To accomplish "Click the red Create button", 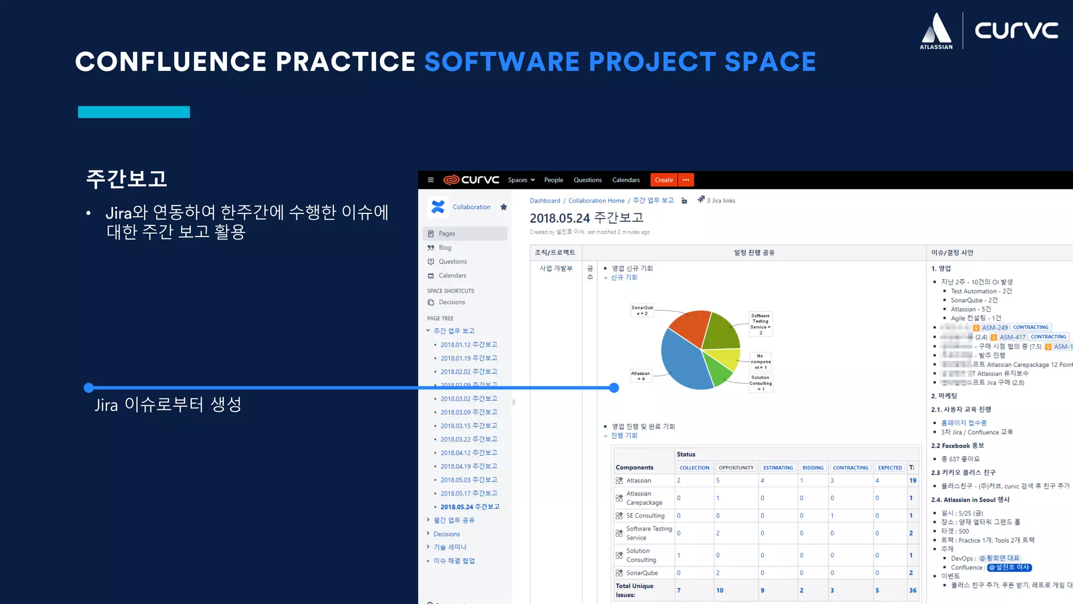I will point(663,180).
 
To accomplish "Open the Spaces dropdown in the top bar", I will point(521,180).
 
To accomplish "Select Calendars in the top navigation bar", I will point(626,180).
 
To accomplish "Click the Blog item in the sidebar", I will point(445,247).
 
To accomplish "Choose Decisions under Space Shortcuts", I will point(452,302).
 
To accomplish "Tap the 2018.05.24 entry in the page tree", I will point(469,507).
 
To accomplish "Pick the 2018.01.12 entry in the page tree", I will point(468,344).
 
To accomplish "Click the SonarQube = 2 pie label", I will point(642,310).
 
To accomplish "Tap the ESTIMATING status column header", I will point(778,468).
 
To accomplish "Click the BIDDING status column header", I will point(813,468).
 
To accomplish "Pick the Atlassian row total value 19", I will point(913,480).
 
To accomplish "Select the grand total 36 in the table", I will point(913,590).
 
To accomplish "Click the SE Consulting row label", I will point(645,515).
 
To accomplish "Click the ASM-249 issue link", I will point(994,328).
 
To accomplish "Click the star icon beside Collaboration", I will point(503,207).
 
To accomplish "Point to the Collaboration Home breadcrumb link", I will point(596,201).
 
